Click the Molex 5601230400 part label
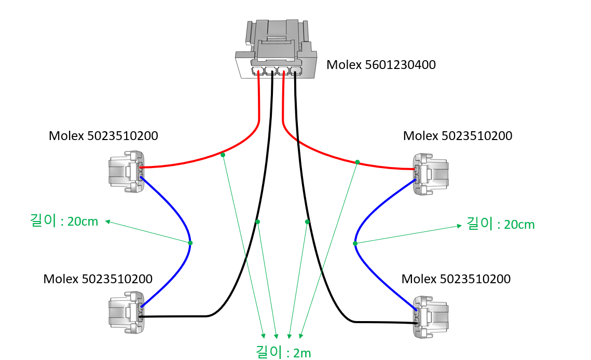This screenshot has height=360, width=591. pos(381,65)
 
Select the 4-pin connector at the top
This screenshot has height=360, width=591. pos(276,49)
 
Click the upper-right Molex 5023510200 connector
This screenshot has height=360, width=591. pos(430,174)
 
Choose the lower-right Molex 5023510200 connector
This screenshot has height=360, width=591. pos(430,316)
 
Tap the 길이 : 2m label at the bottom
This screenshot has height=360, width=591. pos(283,352)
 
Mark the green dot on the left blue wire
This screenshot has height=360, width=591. pos(190,243)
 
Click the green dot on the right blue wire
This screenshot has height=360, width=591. pos(355,243)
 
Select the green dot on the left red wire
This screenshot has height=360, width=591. pos(223,155)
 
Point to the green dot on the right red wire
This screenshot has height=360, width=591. pos(358,162)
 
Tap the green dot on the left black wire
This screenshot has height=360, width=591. pos(257,221)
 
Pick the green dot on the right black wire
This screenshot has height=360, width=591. pos(307,221)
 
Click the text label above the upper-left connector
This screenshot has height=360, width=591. pos(103,136)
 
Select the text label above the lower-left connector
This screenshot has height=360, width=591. pos(98,279)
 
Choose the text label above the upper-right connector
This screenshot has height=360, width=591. pos(458,136)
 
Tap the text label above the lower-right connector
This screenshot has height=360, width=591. pos(456,279)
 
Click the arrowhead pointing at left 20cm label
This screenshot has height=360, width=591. pos(108,222)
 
